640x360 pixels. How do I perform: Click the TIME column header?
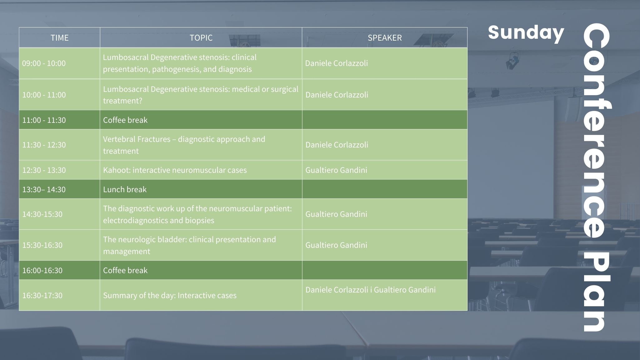(x=59, y=38)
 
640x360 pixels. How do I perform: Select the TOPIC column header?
(x=201, y=38)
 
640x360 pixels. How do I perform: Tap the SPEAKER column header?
(x=384, y=38)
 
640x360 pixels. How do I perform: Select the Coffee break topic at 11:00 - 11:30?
(x=125, y=120)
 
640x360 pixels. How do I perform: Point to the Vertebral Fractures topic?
(x=184, y=145)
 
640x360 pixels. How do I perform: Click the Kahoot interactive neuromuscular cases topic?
(x=175, y=170)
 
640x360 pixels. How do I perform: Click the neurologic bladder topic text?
(x=189, y=245)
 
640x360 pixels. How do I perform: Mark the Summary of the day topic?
(x=170, y=295)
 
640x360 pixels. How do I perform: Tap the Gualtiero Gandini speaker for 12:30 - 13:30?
(x=336, y=170)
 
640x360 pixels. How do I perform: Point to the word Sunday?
(x=526, y=33)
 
